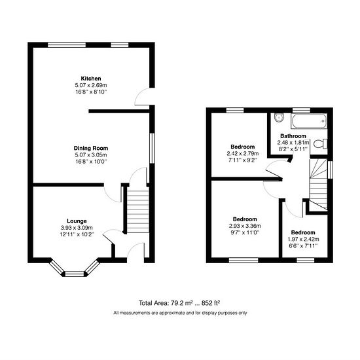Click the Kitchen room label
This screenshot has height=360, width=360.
91,79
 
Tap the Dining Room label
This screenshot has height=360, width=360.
91,148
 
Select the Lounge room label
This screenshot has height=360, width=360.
77,221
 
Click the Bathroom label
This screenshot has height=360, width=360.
293,136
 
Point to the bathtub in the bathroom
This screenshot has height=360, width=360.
309,121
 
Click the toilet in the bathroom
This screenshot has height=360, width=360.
320,144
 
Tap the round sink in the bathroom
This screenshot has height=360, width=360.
279,118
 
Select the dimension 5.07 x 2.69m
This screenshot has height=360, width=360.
91,85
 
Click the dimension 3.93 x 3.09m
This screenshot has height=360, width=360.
77,228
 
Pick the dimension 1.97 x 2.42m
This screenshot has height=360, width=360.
303,239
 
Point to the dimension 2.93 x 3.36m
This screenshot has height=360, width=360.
245,226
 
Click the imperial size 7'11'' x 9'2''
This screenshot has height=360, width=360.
243,160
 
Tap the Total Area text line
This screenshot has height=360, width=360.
179,303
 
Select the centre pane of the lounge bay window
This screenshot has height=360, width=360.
75,274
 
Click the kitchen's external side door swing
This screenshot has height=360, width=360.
142,96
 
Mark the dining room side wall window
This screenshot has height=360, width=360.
152,149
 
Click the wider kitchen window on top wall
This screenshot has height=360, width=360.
67,45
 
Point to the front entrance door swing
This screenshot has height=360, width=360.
135,253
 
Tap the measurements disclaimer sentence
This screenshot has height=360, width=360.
180,313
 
